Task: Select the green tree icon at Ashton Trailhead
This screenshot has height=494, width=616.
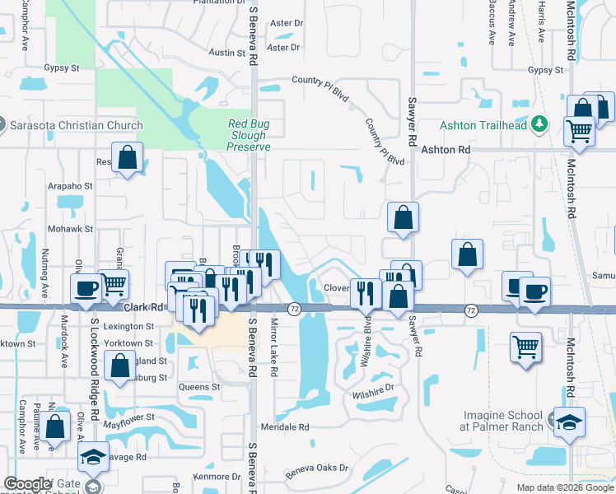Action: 540,123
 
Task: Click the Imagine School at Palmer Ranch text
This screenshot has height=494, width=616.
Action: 502,421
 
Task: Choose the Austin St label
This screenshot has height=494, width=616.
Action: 227,53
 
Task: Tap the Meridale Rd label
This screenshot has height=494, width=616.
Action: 284,427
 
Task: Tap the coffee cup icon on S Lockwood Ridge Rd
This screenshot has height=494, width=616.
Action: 86,288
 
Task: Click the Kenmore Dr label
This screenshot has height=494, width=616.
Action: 217,477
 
